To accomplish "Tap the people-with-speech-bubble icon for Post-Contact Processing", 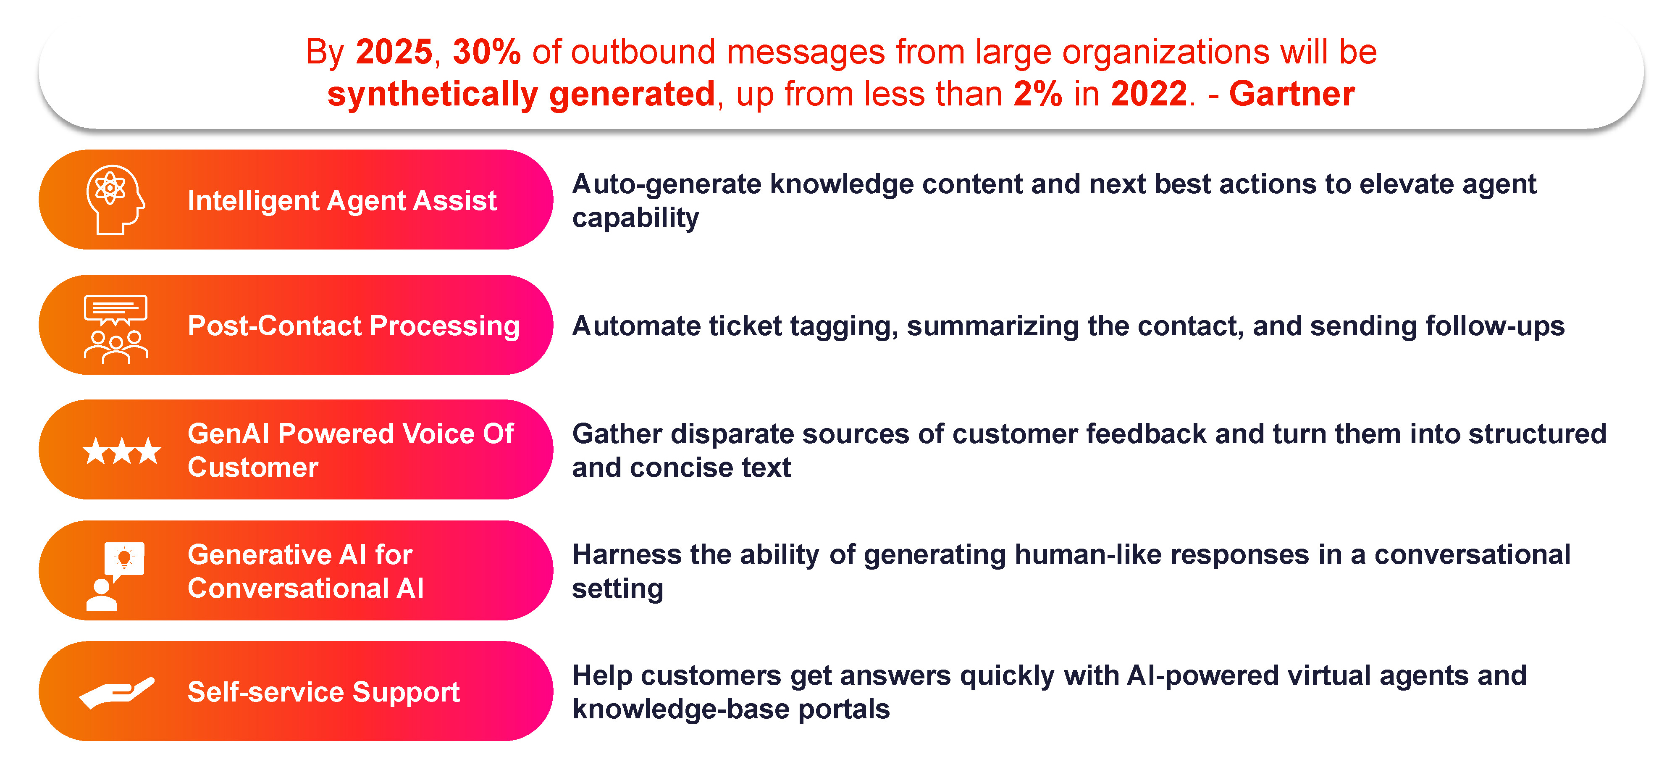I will coord(115,328).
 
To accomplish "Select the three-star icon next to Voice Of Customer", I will coord(122,451).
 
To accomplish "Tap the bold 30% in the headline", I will coord(486,52).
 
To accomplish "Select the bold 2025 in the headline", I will coord(394,52).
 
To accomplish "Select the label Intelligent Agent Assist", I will coord(342,200).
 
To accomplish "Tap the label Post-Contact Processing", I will coord(354,326).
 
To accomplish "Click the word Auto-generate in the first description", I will coord(667,185).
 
